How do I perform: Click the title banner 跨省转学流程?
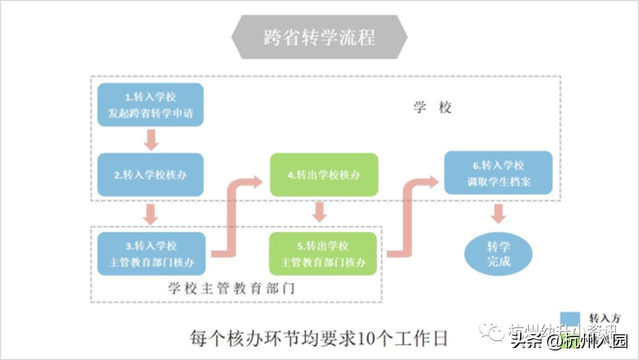tap(319, 37)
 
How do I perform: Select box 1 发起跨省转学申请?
tap(150, 105)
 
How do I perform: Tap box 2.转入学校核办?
tap(150, 175)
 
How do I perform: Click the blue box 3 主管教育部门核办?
tap(151, 253)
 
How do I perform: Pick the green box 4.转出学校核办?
tap(324, 175)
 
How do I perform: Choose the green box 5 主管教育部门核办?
tap(323, 253)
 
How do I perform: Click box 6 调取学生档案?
tap(498, 173)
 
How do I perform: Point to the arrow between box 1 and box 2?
tap(150, 139)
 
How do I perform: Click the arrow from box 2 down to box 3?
tap(150, 214)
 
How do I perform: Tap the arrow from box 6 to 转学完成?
tap(498, 213)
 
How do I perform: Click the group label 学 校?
tap(433, 108)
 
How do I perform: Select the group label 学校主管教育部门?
tap(231, 289)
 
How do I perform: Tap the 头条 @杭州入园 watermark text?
tap(569, 342)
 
